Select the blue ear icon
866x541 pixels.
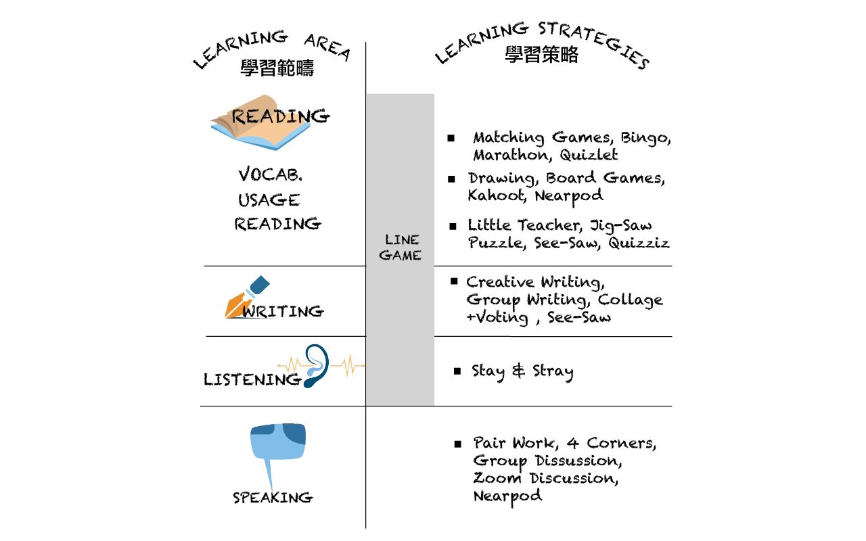pyautogui.click(x=316, y=366)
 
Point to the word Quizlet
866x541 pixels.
pyautogui.click(x=589, y=156)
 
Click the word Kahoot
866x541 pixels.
pyautogui.click(x=497, y=195)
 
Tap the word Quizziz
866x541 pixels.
pyautogui.click(x=638, y=243)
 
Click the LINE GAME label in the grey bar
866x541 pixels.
pyautogui.click(x=401, y=248)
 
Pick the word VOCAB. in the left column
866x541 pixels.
pyautogui.click(x=270, y=174)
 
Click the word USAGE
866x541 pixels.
pyautogui.click(x=269, y=200)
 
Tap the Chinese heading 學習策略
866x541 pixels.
pyautogui.click(x=541, y=55)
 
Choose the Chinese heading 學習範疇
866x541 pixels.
pyautogui.click(x=277, y=68)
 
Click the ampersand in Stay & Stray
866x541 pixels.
pyautogui.click(x=518, y=371)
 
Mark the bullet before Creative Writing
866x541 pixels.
pyautogui.click(x=454, y=281)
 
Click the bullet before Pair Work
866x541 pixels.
pyautogui.click(x=458, y=444)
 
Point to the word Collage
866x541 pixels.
pyautogui.click(x=630, y=300)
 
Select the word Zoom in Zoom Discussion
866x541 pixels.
pyautogui.click(x=497, y=478)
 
